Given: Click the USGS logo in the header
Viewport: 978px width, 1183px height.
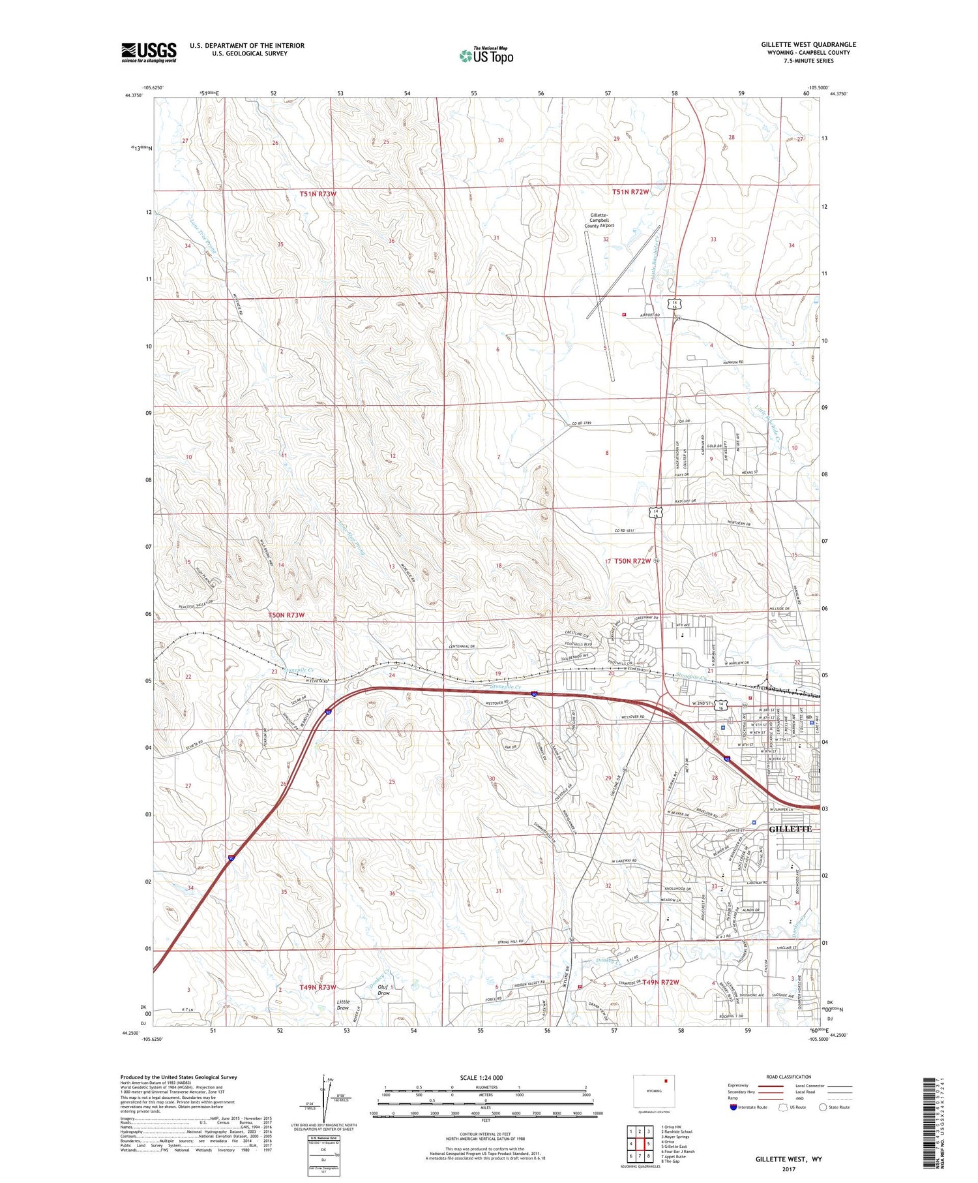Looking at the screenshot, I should [149, 52].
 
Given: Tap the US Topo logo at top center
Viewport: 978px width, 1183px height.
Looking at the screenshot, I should [486, 55].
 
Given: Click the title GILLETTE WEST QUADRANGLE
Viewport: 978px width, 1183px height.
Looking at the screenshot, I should [808, 44].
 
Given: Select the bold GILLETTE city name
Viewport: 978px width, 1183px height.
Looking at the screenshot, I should [791, 829].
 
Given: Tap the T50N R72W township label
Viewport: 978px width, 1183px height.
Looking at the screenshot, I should [632, 561].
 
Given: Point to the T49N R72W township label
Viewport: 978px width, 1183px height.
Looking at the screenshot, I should [660, 982].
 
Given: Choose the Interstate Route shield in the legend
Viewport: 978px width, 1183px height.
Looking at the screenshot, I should [733, 1107].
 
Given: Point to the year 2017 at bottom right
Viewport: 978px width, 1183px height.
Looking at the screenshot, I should [788, 1169].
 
